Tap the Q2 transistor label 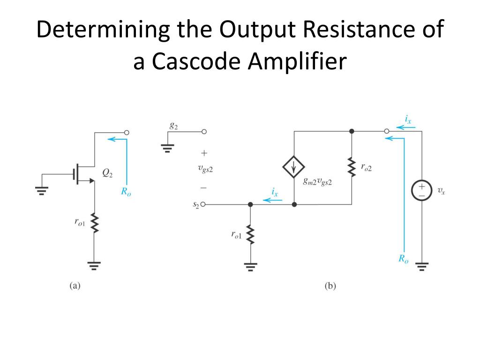[107, 174]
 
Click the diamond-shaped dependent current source [293, 167]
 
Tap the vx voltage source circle [422, 191]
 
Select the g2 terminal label [173, 126]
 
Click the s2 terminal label [195, 205]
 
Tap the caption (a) [75, 285]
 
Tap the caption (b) [330, 285]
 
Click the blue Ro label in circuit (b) [403, 258]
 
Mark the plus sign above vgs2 [204, 153]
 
